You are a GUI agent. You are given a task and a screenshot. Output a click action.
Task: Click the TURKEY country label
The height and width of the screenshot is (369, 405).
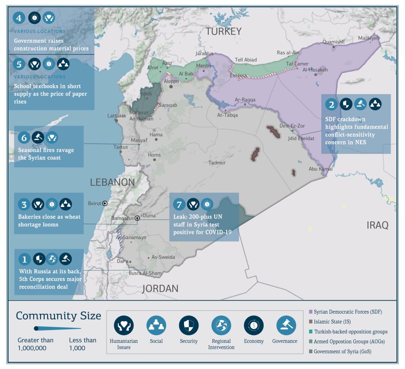(224, 31)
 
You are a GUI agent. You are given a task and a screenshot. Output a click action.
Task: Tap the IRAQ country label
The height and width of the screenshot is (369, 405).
(377, 225)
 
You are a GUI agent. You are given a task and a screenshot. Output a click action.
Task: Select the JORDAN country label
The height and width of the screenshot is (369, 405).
(160, 288)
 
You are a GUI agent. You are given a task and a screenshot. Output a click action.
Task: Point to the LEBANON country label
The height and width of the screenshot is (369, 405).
(112, 182)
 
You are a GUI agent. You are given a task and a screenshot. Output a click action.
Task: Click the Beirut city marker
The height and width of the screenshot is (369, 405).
(105, 203)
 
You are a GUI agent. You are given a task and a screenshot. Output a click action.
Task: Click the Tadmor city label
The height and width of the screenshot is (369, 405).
(217, 163)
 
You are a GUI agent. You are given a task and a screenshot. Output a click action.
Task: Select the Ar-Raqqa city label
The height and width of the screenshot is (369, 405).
(245, 100)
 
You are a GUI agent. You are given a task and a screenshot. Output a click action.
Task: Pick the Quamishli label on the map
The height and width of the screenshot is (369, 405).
(333, 42)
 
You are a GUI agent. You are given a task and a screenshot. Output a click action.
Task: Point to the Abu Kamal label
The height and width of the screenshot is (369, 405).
(320, 169)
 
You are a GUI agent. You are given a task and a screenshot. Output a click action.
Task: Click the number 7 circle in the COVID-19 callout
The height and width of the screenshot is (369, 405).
(179, 204)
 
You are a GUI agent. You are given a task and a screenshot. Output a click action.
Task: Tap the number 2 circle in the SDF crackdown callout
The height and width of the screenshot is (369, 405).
(332, 105)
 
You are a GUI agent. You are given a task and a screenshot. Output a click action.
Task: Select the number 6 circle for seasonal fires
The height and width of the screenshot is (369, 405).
(24, 137)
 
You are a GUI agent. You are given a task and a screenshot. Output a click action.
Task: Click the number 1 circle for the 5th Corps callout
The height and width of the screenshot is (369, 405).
(24, 259)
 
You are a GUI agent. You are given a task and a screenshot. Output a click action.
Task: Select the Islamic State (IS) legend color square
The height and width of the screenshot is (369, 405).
(310, 322)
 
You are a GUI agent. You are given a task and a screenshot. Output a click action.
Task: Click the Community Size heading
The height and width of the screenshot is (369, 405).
(58, 316)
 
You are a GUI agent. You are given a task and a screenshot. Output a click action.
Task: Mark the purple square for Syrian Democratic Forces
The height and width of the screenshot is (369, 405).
(310, 312)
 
